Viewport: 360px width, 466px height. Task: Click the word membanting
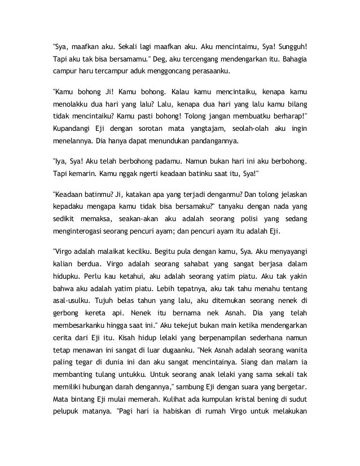[72, 395]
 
